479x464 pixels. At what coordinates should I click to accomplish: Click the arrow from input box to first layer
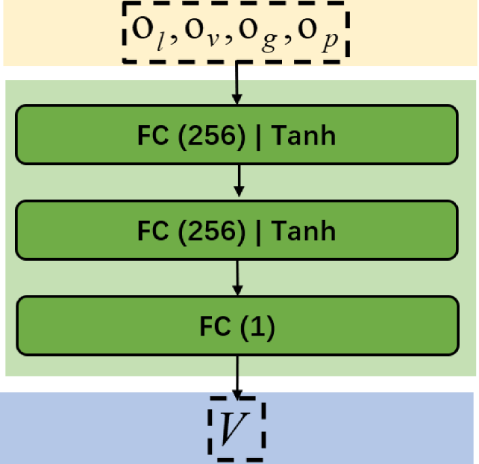pyautogui.click(x=237, y=85)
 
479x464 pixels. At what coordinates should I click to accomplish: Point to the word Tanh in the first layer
pyautogui.click(x=304, y=136)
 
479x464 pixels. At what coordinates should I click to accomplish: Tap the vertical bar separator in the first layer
pyautogui.click(x=261, y=136)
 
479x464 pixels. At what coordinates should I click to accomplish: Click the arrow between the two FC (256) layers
pyautogui.click(x=237, y=181)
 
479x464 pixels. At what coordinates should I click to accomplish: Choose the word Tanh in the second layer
pyautogui.click(x=304, y=231)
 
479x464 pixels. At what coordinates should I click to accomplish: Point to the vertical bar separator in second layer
pyautogui.click(x=261, y=231)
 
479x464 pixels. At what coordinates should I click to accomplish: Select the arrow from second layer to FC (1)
pyautogui.click(x=237, y=277)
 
